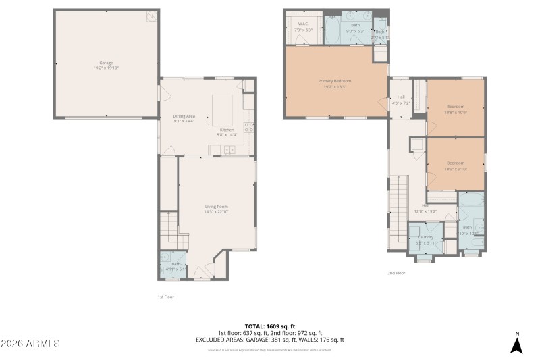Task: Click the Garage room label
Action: coord(106,66)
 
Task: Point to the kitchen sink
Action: coord(229,151)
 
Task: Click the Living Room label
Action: coord(217,209)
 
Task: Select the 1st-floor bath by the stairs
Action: coord(175,265)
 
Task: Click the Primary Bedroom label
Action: coord(335,83)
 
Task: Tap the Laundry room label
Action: coord(425,239)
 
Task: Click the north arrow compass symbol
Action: coord(516,344)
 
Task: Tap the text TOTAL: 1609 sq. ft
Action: coord(269,326)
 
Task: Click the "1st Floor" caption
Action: coord(165,296)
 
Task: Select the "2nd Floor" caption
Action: coord(396,273)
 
